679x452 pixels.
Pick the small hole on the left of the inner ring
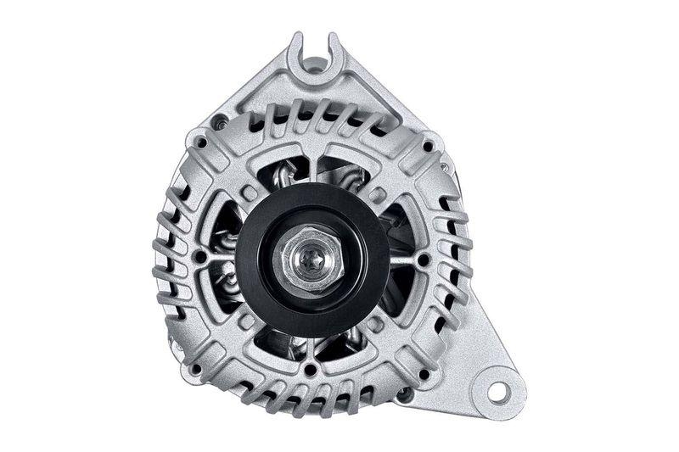200,256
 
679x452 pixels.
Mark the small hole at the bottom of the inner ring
311,370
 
